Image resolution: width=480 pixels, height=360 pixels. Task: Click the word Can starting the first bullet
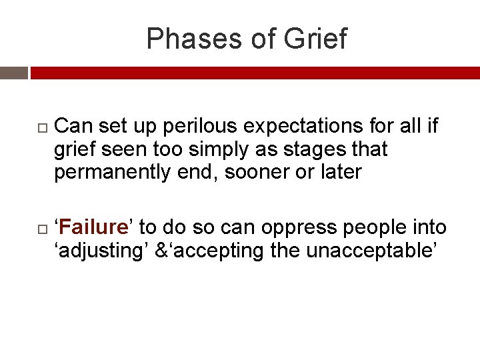tap(74, 127)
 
